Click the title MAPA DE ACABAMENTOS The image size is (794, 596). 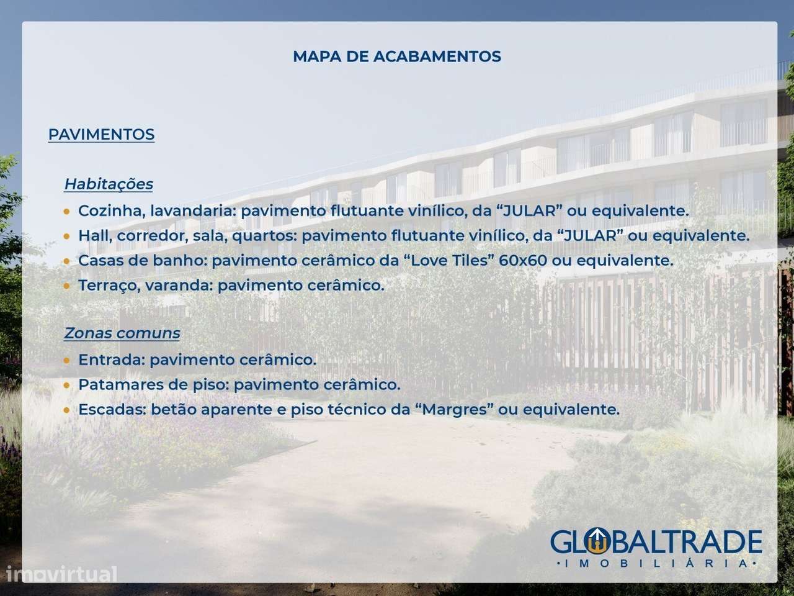(x=397, y=56)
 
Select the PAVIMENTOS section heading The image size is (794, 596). (x=101, y=135)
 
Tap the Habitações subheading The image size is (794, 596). (x=109, y=184)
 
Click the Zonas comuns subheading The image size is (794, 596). (x=122, y=333)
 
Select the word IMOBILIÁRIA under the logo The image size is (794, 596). (x=656, y=563)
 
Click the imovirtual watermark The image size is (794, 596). (x=59, y=574)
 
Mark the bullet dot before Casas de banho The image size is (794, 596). (x=66, y=261)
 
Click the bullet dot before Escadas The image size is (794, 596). (x=66, y=410)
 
